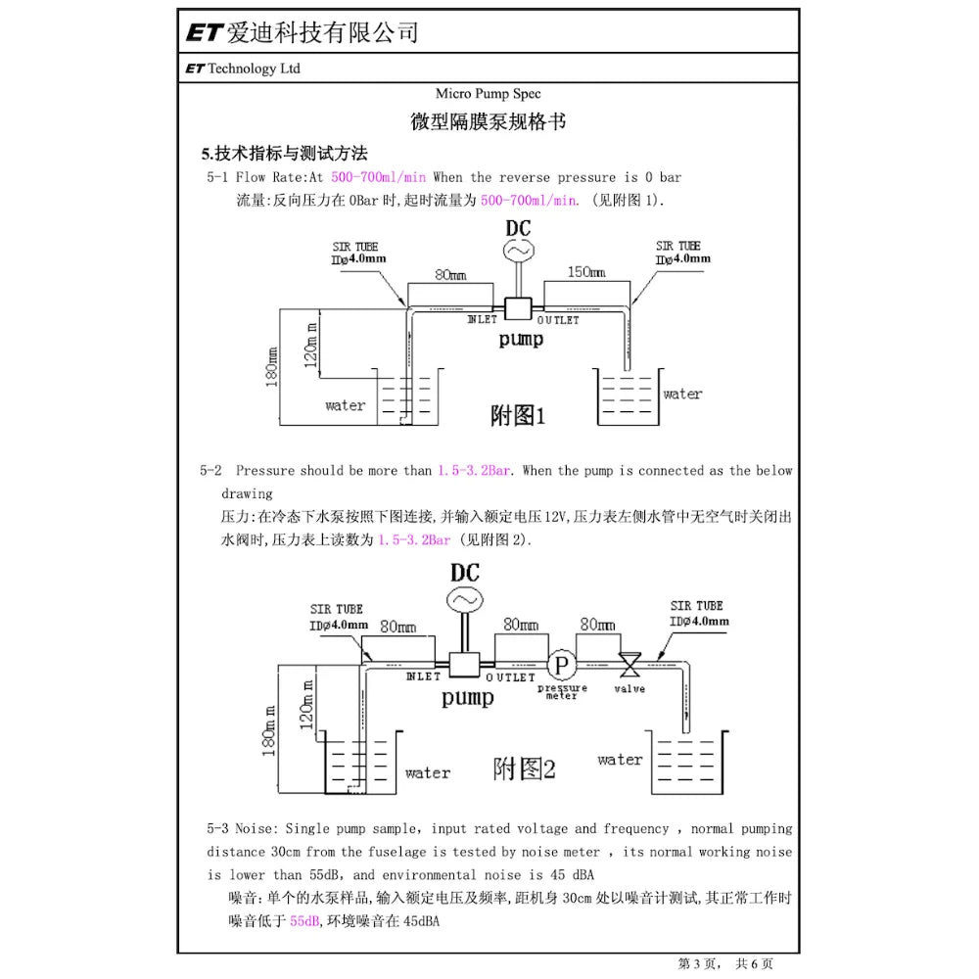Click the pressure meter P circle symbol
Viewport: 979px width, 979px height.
pyautogui.click(x=561, y=665)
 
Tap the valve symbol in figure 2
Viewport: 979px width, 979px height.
pyautogui.click(x=629, y=666)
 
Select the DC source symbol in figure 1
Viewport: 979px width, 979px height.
pyautogui.click(x=517, y=252)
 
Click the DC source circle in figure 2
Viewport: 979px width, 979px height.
pyautogui.click(x=464, y=598)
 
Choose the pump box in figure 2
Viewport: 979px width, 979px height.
pyautogui.click(x=463, y=665)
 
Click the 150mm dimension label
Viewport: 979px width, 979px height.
pyautogui.click(x=586, y=272)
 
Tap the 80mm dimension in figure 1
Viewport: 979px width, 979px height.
pyautogui.click(x=450, y=275)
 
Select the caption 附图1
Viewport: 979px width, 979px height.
pyautogui.click(x=517, y=416)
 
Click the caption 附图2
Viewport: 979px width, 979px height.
pyautogui.click(x=524, y=769)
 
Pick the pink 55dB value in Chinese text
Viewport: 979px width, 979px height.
pyautogui.click(x=305, y=921)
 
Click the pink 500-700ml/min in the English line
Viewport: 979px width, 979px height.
pyautogui.click(x=379, y=177)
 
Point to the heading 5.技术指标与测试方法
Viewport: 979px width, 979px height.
pyautogui.click(x=284, y=154)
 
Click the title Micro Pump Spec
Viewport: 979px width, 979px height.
pyautogui.click(x=489, y=95)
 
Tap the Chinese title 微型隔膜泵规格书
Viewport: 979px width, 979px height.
pyautogui.click(x=489, y=122)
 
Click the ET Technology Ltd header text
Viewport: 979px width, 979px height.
pyautogui.click(x=242, y=69)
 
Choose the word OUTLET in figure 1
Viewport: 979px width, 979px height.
pyautogui.click(x=558, y=320)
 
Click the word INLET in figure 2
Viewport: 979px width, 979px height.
pyautogui.click(x=423, y=677)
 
